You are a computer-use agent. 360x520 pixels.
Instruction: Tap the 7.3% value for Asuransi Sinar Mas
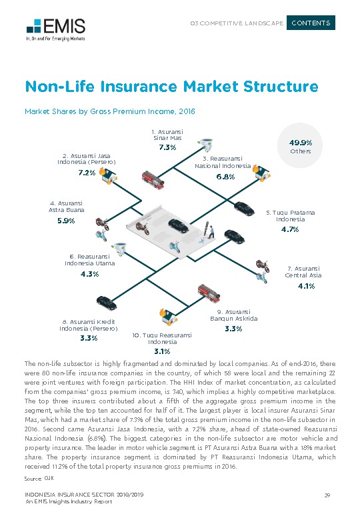167,147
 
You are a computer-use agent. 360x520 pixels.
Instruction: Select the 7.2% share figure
87,173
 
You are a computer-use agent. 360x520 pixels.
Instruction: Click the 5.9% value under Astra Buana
66,221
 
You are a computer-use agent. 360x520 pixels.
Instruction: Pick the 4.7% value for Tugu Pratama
289,229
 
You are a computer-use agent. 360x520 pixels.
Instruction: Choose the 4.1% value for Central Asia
306,286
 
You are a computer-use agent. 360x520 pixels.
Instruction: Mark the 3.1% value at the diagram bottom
162,351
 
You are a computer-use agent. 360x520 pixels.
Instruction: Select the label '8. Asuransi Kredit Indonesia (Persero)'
88,325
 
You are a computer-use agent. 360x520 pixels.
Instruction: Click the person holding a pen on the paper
211,231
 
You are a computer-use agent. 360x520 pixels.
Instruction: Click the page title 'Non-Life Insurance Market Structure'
171,87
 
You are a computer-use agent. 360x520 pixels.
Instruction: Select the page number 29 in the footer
327,495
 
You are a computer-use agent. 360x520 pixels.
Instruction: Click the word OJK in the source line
48,479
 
